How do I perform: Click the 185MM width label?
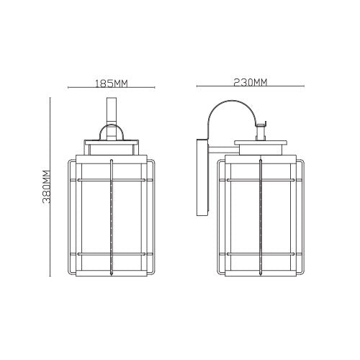[x=111, y=84]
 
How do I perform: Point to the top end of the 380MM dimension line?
[x=50, y=98]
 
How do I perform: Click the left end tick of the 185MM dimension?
[x=68, y=88]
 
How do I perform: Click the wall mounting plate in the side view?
[x=201, y=176]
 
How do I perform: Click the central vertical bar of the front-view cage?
[x=111, y=216]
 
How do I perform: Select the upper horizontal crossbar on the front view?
[x=111, y=177]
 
